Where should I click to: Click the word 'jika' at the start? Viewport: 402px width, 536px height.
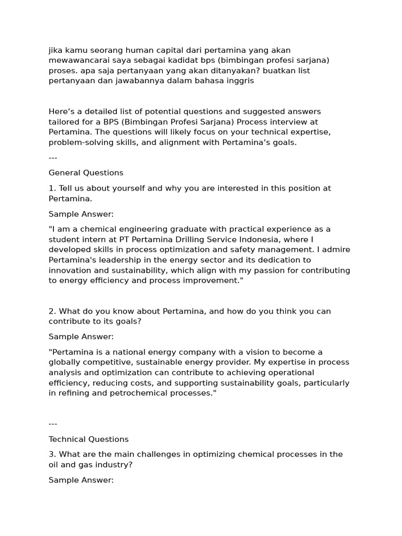(x=55, y=50)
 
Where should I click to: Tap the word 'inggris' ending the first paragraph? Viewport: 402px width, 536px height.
(x=239, y=81)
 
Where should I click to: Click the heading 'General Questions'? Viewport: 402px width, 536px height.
(x=86, y=173)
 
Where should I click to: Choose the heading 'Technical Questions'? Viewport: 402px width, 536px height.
(x=88, y=439)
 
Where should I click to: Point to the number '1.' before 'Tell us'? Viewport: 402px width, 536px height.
(x=52, y=188)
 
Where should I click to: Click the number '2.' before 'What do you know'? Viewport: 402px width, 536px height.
(x=52, y=311)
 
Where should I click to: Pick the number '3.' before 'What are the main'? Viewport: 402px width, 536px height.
(x=52, y=454)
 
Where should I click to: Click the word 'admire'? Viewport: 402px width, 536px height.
(x=336, y=250)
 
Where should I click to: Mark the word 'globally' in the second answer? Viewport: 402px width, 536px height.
(x=65, y=362)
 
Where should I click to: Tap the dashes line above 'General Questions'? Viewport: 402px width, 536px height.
(x=53, y=158)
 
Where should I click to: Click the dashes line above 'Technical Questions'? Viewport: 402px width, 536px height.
(x=53, y=423)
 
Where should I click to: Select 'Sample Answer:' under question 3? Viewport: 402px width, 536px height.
(x=81, y=480)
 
